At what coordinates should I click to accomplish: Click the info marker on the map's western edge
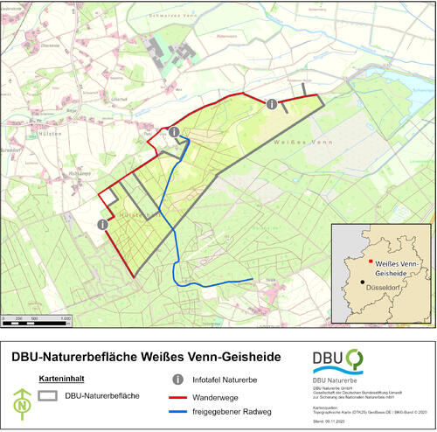click(x=103, y=225)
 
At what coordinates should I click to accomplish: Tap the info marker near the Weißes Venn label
click(x=272, y=104)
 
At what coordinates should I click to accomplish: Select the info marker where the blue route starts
click(x=175, y=132)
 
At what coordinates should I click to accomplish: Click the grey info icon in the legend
click(x=178, y=380)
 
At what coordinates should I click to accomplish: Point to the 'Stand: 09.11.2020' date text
click(x=329, y=422)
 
